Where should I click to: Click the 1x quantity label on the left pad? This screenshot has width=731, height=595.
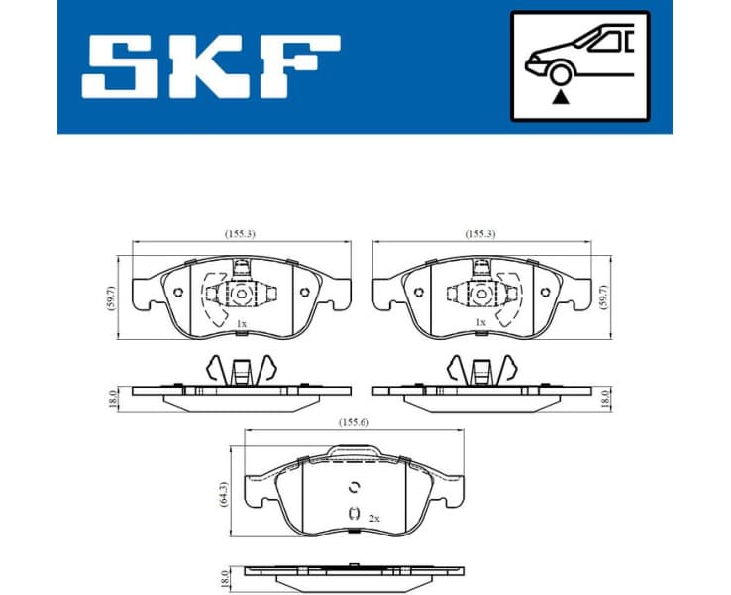241,323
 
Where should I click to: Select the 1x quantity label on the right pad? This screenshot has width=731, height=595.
480,323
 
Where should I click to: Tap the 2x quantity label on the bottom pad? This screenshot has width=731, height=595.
374,518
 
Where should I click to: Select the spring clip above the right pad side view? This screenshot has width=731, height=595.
481,370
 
